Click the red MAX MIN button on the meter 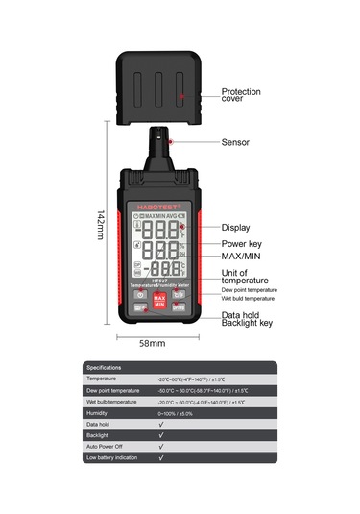point(160,300)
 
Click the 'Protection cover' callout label point(240,95)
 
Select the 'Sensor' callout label point(235,142)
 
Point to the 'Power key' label point(242,244)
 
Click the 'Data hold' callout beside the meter point(240,315)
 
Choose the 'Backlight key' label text point(247,324)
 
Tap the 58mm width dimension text point(153,343)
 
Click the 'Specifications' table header point(105,368)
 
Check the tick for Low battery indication point(161,458)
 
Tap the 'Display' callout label point(236,228)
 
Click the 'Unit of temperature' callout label point(245,274)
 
